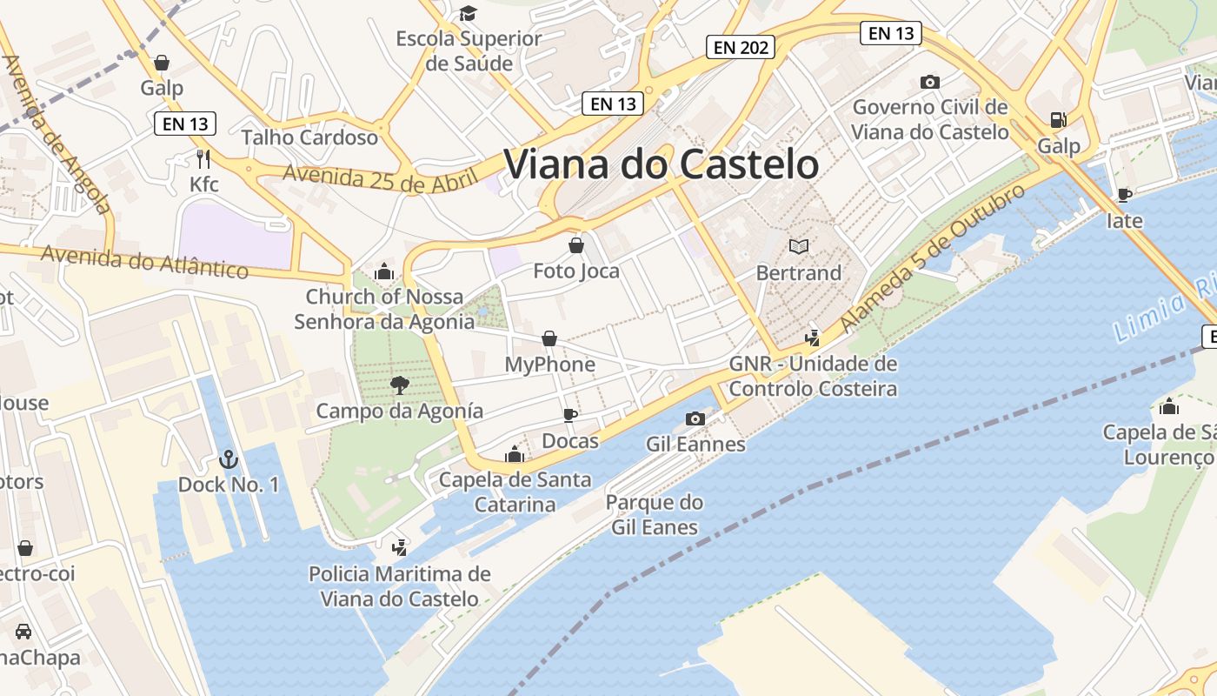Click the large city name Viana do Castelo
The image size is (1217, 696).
(661, 164)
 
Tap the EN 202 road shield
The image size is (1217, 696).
(741, 47)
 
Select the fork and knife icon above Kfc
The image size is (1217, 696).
(203, 158)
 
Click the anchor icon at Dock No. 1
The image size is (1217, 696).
(228, 458)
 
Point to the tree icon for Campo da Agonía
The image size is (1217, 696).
(400, 385)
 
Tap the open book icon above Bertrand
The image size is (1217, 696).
(798, 247)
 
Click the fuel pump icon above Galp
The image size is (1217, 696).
(1058, 120)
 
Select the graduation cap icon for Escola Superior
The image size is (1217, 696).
(469, 13)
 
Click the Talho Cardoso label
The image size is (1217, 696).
(309, 137)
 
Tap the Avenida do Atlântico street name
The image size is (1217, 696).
(144, 261)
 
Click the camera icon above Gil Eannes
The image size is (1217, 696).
(695, 419)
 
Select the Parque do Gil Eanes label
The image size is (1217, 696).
(654, 514)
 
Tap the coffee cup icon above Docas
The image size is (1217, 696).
(570, 415)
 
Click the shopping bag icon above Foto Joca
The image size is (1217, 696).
(575, 245)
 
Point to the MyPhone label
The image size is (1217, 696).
(549, 365)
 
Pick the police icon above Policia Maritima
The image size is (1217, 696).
(399, 547)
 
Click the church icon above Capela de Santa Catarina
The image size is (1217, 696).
(515, 454)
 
